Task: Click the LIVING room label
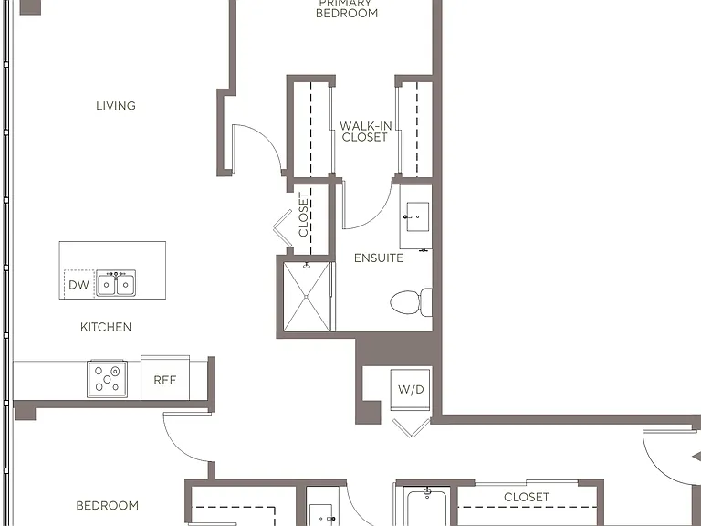click(116, 106)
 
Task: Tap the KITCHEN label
click(106, 327)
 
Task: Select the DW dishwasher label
click(78, 285)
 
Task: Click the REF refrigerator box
click(165, 378)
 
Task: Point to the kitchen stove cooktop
click(108, 379)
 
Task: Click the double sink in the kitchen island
click(116, 283)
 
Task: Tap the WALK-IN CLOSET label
click(365, 131)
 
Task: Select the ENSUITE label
click(379, 258)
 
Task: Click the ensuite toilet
click(412, 302)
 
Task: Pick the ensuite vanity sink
click(417, 217)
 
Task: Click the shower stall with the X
click(307, 297)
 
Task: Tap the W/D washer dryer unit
click(411, 389)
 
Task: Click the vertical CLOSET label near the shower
click(304, 215)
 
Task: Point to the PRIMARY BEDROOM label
click(347, 8)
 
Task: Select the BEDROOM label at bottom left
click(108, 505)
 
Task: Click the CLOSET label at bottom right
click(527, 497)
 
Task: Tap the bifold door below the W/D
click(412, 427)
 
